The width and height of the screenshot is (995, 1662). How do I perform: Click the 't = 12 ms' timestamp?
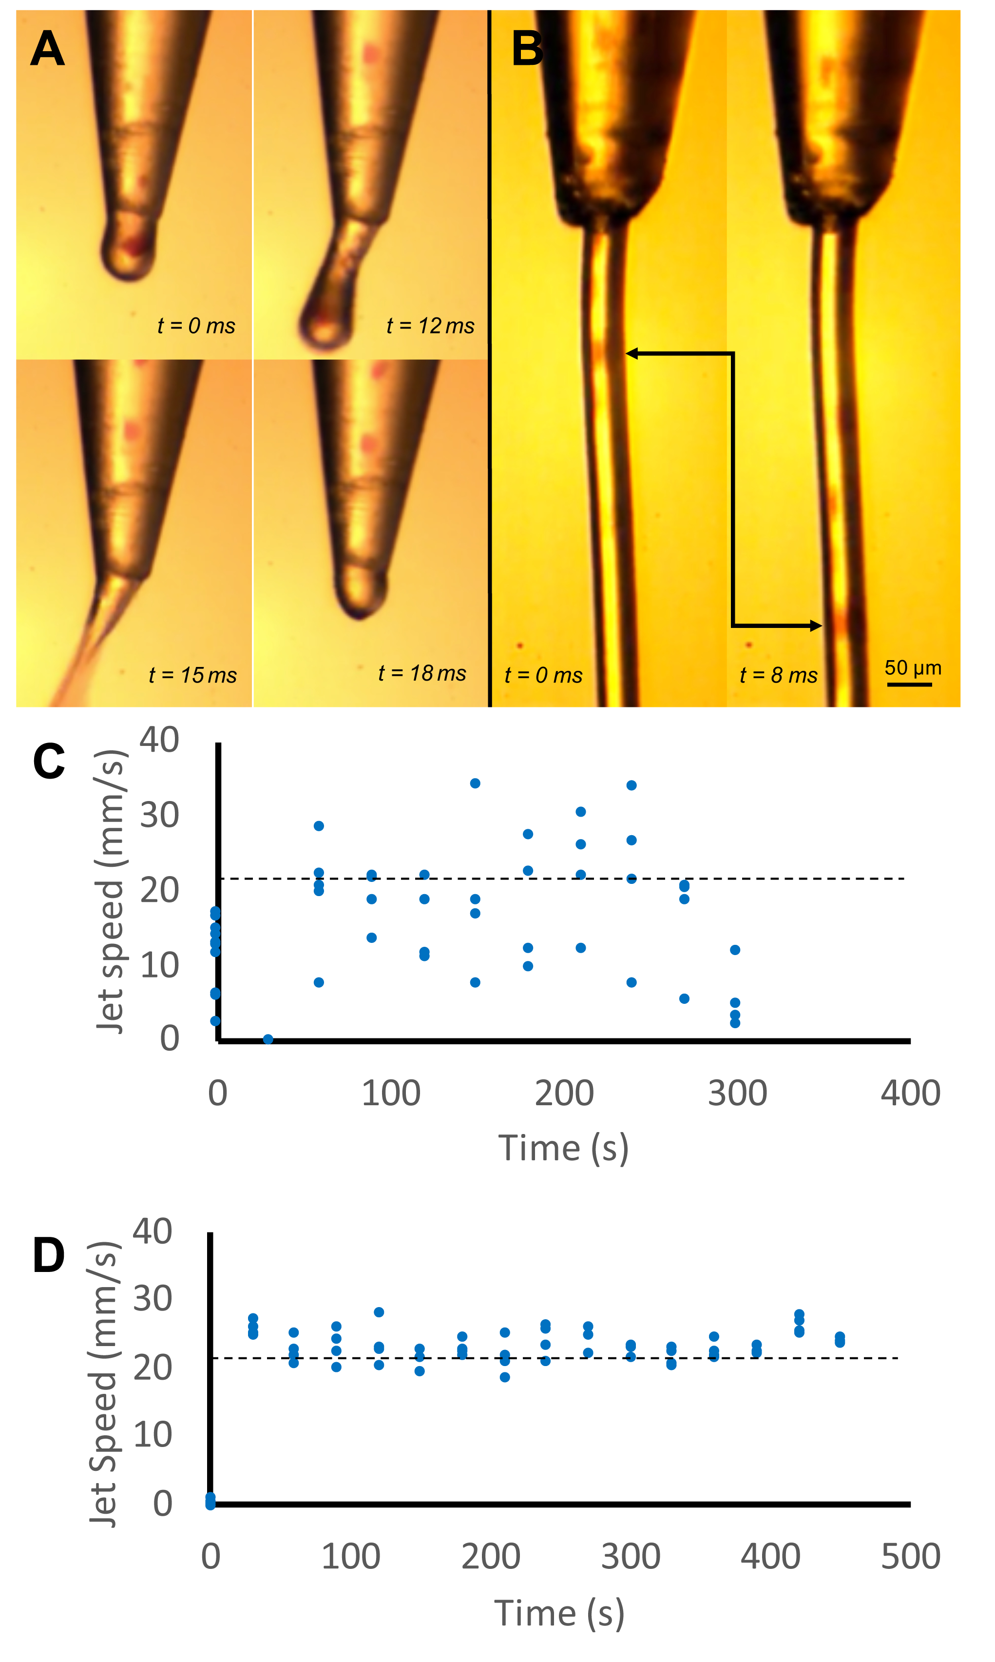pyautogui.click(x=430, y=326)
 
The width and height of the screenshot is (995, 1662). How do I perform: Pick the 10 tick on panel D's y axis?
pyautogui.click(x=152, y=1435)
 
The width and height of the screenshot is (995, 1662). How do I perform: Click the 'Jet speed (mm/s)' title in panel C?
pyautogui.click(x=109, y=892)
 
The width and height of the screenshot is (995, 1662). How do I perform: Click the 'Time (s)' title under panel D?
pyautogui.click(x=559, y=1613)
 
